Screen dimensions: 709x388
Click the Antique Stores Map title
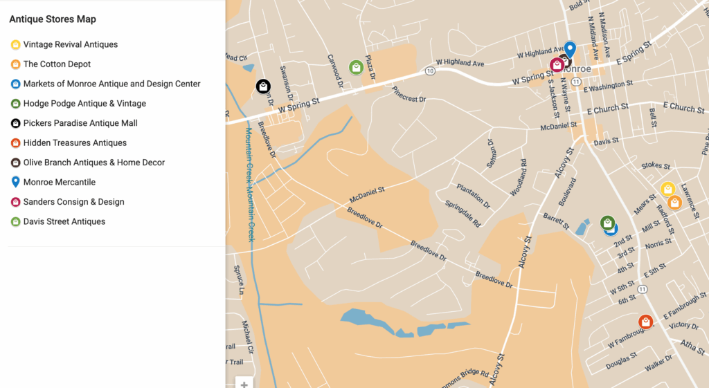coord(53,19)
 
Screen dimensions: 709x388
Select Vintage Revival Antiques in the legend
coord(70,45)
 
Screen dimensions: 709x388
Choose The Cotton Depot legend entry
coord(57,64)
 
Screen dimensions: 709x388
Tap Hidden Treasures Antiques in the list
coord(75,143)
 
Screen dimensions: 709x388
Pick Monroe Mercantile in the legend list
coord(59,183)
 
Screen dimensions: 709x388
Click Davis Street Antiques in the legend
coord(64,222)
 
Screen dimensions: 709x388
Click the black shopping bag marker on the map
coord(263,86)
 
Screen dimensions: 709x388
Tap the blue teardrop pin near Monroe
coord(570,48)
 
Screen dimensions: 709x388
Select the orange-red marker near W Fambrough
coord(645,322)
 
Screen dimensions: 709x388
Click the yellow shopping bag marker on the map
coord(667,189)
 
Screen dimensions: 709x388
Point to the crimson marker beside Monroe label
coord(557,65)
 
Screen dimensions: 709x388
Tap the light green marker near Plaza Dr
coord(356,67)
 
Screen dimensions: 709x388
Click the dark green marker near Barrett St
coord(607,223)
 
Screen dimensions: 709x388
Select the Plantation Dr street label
coord(473,196)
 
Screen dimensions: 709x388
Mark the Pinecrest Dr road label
coord(409,94)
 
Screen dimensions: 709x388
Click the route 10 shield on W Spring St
coord(431,71)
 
